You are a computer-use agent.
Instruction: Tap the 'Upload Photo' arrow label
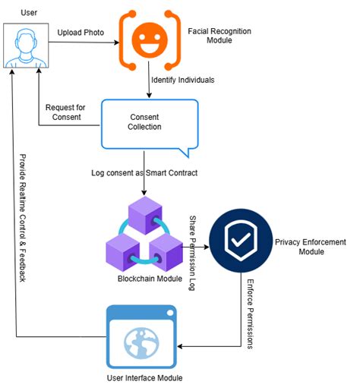tap(81, 33)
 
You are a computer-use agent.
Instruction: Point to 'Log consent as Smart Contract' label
tap(144, 175)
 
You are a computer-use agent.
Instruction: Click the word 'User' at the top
tap(29, 13)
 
